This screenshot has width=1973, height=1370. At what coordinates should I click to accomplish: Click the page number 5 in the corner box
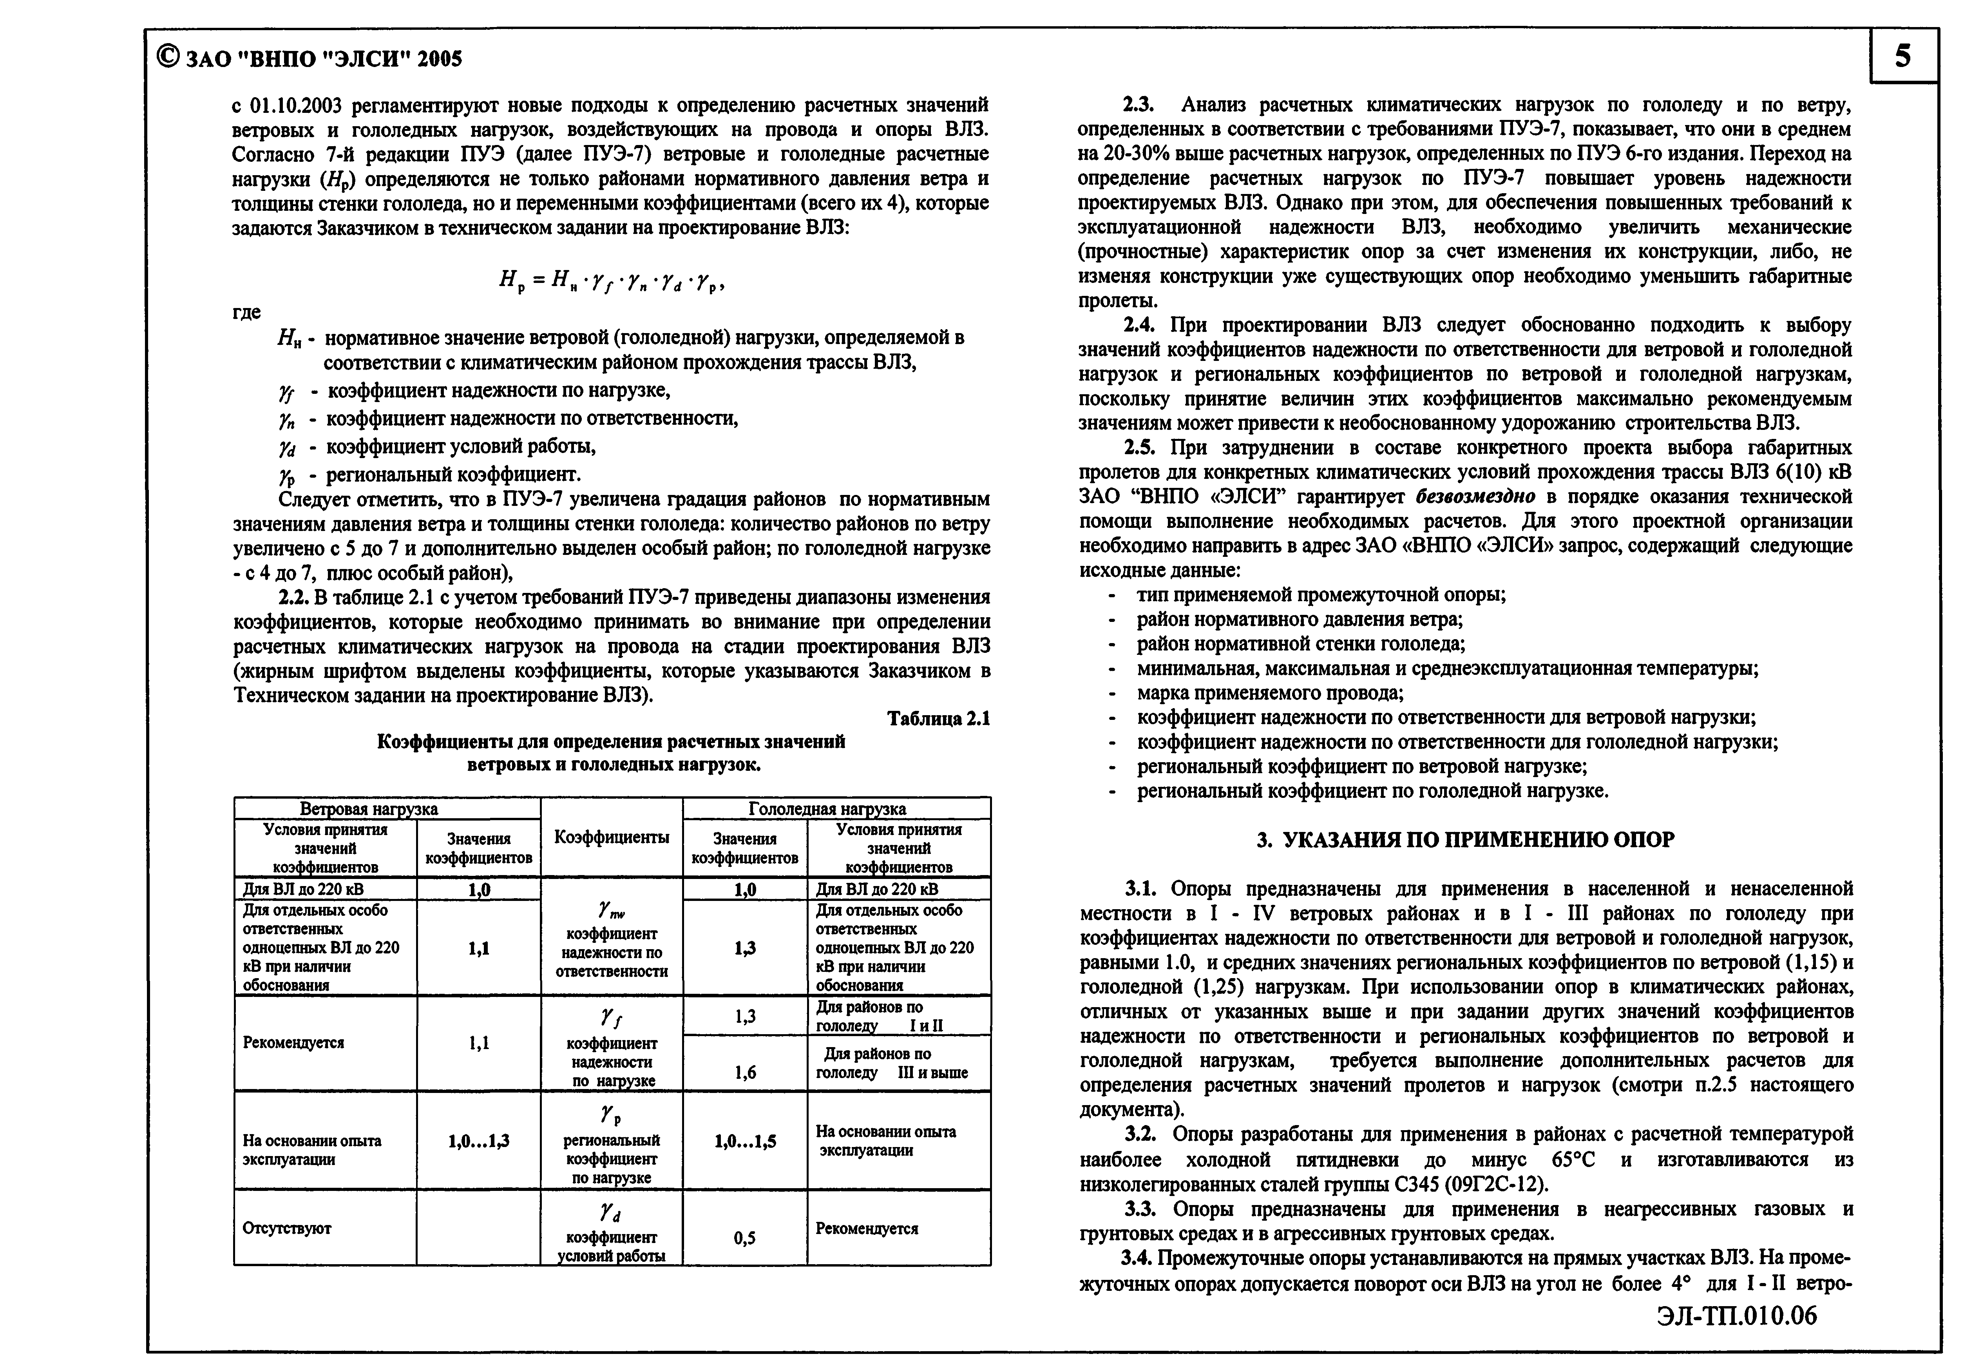click(1902, 57)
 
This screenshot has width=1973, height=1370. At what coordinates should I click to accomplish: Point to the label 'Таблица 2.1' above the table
click(938, 718)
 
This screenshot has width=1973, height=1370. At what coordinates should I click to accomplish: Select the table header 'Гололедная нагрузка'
click(827, 808)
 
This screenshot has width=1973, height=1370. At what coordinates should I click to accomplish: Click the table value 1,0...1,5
click(745, 1142)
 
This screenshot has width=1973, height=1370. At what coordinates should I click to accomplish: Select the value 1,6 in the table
click(745, 1072)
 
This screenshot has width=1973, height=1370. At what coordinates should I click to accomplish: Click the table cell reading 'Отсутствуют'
click(287, 1229)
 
